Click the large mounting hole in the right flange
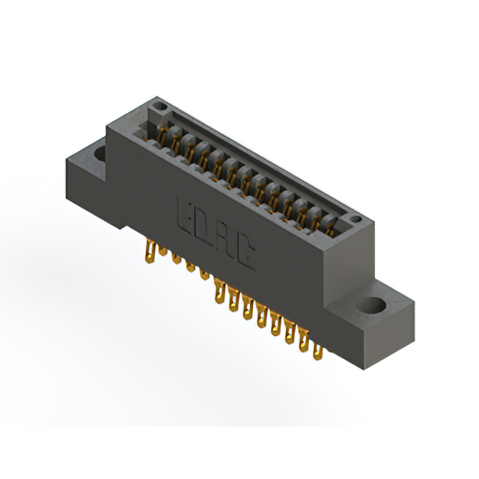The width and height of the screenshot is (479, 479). click(x=371, y=305)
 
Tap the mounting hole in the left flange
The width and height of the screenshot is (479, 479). click(x=100, y=153)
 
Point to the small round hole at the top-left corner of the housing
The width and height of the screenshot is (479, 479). click(x=159, y=106)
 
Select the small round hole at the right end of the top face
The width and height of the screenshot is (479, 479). click(x=356, y=219)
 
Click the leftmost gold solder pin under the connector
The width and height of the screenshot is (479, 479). click(x=150, y=251)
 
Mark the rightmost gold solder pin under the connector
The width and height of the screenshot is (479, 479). click(x=318, y=352)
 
